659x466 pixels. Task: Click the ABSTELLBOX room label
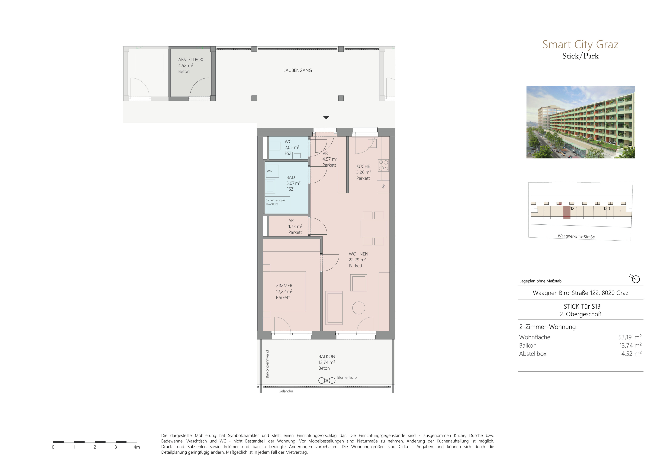(x=191, y=60)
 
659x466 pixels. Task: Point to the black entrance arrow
(x=326, y=117)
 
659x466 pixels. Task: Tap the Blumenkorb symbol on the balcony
(x=327, y=381)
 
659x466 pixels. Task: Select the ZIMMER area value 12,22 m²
(x=284, y=291)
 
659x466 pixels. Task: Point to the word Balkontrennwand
(x=267, y=364)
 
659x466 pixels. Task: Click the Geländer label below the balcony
(x=286, y=391)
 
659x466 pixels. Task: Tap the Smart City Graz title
(x=580, y=44)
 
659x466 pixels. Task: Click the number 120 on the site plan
(x=606, y=209)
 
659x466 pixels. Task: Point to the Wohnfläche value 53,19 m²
(x=630, y=337)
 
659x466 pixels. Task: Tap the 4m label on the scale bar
(x=137, y=447)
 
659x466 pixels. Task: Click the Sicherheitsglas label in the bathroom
(x=275, y=200)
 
